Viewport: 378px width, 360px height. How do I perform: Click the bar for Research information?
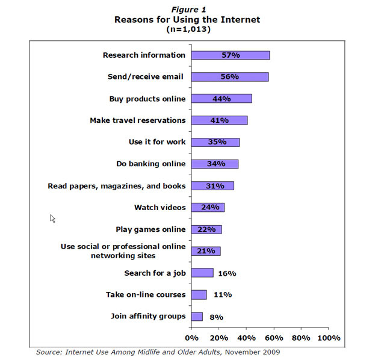pos(231,55)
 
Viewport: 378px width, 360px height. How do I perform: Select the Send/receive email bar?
pos(230,76)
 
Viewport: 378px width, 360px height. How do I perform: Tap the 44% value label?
pos(222,99)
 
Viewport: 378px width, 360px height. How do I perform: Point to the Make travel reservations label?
pos(137,120)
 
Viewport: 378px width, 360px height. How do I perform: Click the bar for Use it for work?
pos(215,142)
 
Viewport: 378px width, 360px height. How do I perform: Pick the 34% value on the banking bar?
pos(215,164)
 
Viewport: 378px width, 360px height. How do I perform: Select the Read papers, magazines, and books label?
pos(116,186)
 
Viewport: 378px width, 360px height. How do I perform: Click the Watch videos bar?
pos(208,208)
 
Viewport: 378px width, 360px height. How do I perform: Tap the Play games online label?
pos(150,229)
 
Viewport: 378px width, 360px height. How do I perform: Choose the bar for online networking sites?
pos(206,251)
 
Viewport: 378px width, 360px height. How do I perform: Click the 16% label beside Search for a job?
pos(227,273)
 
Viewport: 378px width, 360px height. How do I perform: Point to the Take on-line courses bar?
pos(199,295)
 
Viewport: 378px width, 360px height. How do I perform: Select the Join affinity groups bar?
pos(197,317)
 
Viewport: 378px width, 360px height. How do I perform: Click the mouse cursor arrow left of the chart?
pos(53,219)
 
